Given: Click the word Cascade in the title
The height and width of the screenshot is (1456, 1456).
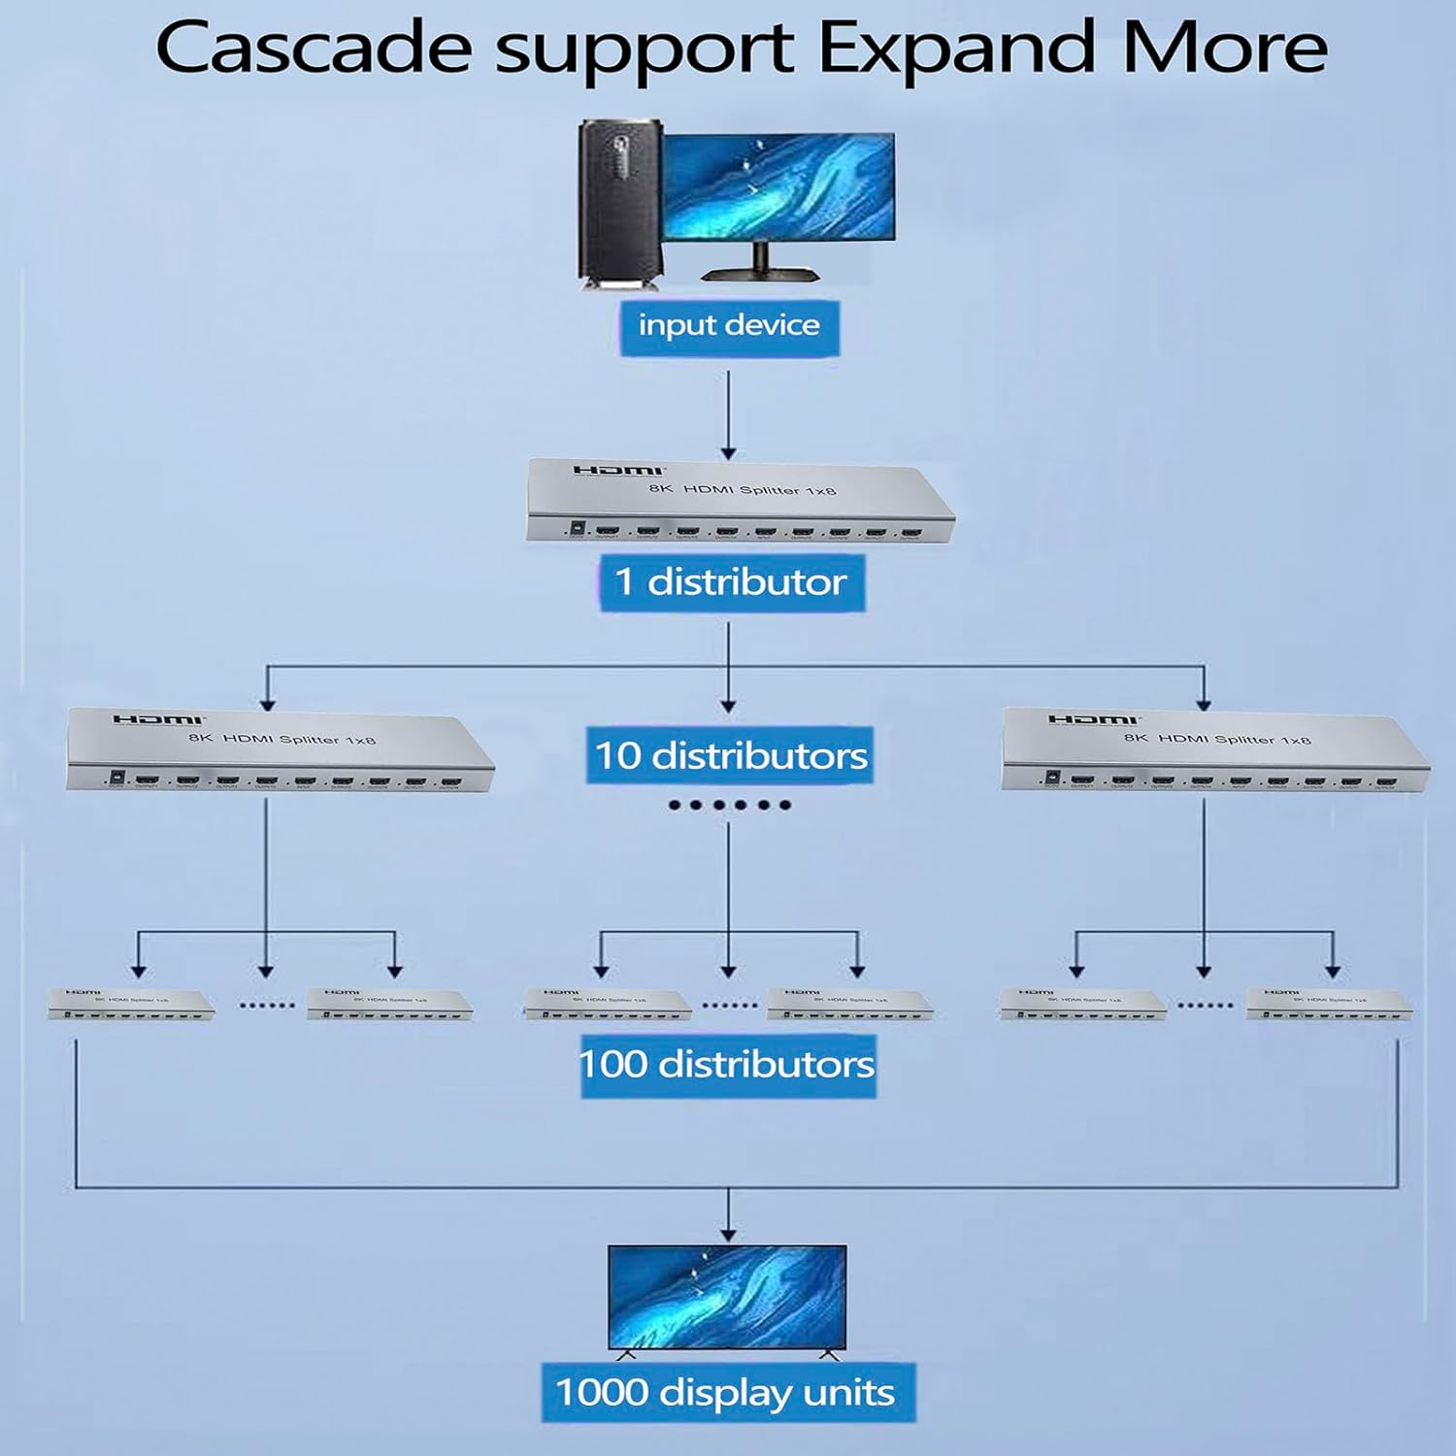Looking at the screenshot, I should tap(314, 49).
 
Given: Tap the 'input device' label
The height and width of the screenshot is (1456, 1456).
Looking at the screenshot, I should tap(729, 326).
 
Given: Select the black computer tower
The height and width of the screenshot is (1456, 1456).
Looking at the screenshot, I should tap(618, 204).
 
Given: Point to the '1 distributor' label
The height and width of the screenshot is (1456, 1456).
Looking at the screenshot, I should tap(731, 582).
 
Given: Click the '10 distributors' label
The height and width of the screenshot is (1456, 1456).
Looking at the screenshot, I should tap(731, 755).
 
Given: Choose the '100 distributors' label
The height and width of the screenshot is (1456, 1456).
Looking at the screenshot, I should tap(728, 1065).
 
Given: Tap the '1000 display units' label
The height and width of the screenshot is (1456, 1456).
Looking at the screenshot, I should tap(726, 1394).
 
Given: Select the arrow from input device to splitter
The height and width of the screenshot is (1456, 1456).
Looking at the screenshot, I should tap(728, 413).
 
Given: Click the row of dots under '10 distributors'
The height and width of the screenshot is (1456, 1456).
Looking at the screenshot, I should tap(729, 805).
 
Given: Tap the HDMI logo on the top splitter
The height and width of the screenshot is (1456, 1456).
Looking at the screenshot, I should tap(617, 471).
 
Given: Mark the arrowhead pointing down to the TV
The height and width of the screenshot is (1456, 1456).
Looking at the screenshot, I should tap(728, 1233).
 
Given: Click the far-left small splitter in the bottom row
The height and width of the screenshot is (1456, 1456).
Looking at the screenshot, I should tap(131, 1005).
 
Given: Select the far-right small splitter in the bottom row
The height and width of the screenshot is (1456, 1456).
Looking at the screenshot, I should tap(1329, 1005).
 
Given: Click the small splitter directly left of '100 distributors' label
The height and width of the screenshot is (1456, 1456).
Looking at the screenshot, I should tap(608, 1005).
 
